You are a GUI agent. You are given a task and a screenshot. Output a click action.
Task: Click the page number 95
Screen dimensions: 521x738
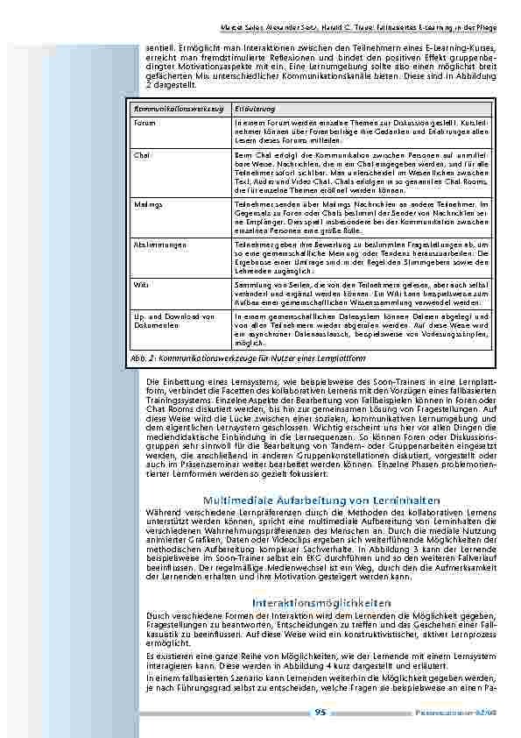[x=320, y=713]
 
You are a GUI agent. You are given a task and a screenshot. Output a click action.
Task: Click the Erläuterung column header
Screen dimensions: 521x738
[x=255, y=107]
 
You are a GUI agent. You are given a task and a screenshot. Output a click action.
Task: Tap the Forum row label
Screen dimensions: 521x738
[x=145, y=124]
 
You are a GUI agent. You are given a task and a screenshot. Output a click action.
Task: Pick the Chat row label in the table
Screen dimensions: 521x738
[x=143, y=154]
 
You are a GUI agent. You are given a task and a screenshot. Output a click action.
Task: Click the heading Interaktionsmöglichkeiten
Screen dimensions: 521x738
[x=320, y=603]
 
